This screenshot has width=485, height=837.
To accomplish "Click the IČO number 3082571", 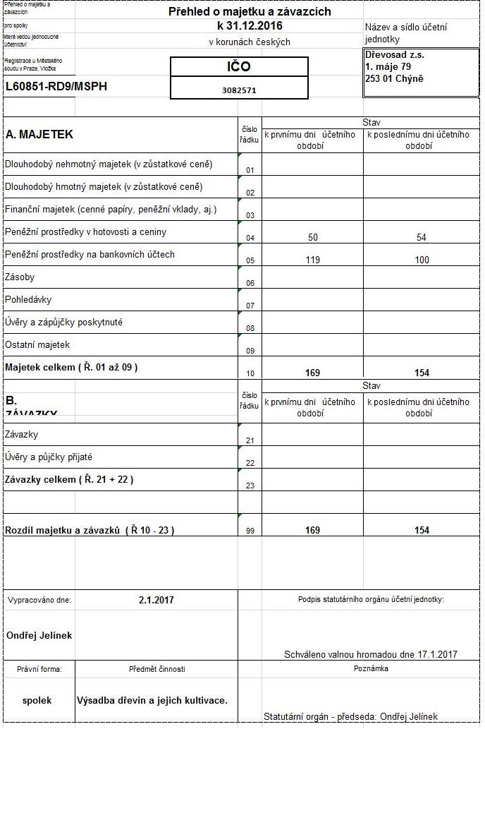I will (239, 90).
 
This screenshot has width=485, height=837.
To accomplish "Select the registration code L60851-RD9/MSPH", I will (56, 87).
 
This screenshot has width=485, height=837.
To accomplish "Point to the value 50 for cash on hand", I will (313, 238).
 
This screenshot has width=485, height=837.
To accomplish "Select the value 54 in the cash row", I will (422, 238).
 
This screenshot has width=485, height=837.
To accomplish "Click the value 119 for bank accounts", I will (313, 260).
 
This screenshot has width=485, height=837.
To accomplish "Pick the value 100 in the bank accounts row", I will (422, 260).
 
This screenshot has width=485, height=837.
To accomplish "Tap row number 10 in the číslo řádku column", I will (250, 373).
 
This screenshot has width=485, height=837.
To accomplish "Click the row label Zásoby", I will (20, 277).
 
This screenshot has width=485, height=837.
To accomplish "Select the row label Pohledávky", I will (28, 300).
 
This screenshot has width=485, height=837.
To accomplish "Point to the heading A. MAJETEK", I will (39, 134).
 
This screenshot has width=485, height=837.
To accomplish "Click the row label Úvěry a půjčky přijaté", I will (49, 457).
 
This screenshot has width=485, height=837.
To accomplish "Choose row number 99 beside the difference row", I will (250, 531).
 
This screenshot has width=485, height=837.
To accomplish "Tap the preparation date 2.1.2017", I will (156, 601).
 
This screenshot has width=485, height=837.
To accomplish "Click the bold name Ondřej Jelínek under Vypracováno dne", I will (39, 635).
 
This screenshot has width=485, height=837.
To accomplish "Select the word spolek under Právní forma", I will (37, 701).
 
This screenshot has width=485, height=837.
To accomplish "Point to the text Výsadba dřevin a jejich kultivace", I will (152, 701).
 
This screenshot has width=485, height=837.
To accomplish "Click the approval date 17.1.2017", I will (436, 654).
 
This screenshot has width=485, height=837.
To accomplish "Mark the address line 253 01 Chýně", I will (395, 78).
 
